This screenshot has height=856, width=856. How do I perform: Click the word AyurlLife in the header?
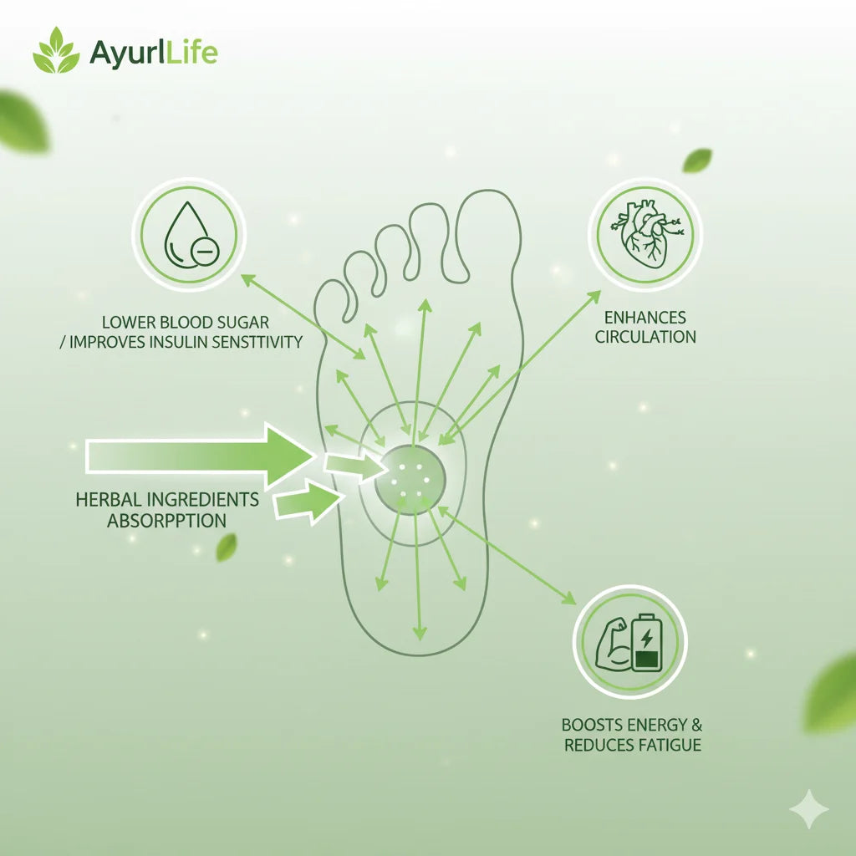(153, 53)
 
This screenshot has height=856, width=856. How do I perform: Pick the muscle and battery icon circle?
(629, 642)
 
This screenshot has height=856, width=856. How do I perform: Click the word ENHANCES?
(645, 318)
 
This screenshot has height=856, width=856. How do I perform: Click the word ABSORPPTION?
(166, 520)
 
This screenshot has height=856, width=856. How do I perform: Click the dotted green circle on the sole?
(410, 479)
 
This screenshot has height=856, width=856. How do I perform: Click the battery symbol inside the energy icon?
(646, 643)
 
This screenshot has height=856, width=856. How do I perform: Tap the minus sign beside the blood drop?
(204, 249)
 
